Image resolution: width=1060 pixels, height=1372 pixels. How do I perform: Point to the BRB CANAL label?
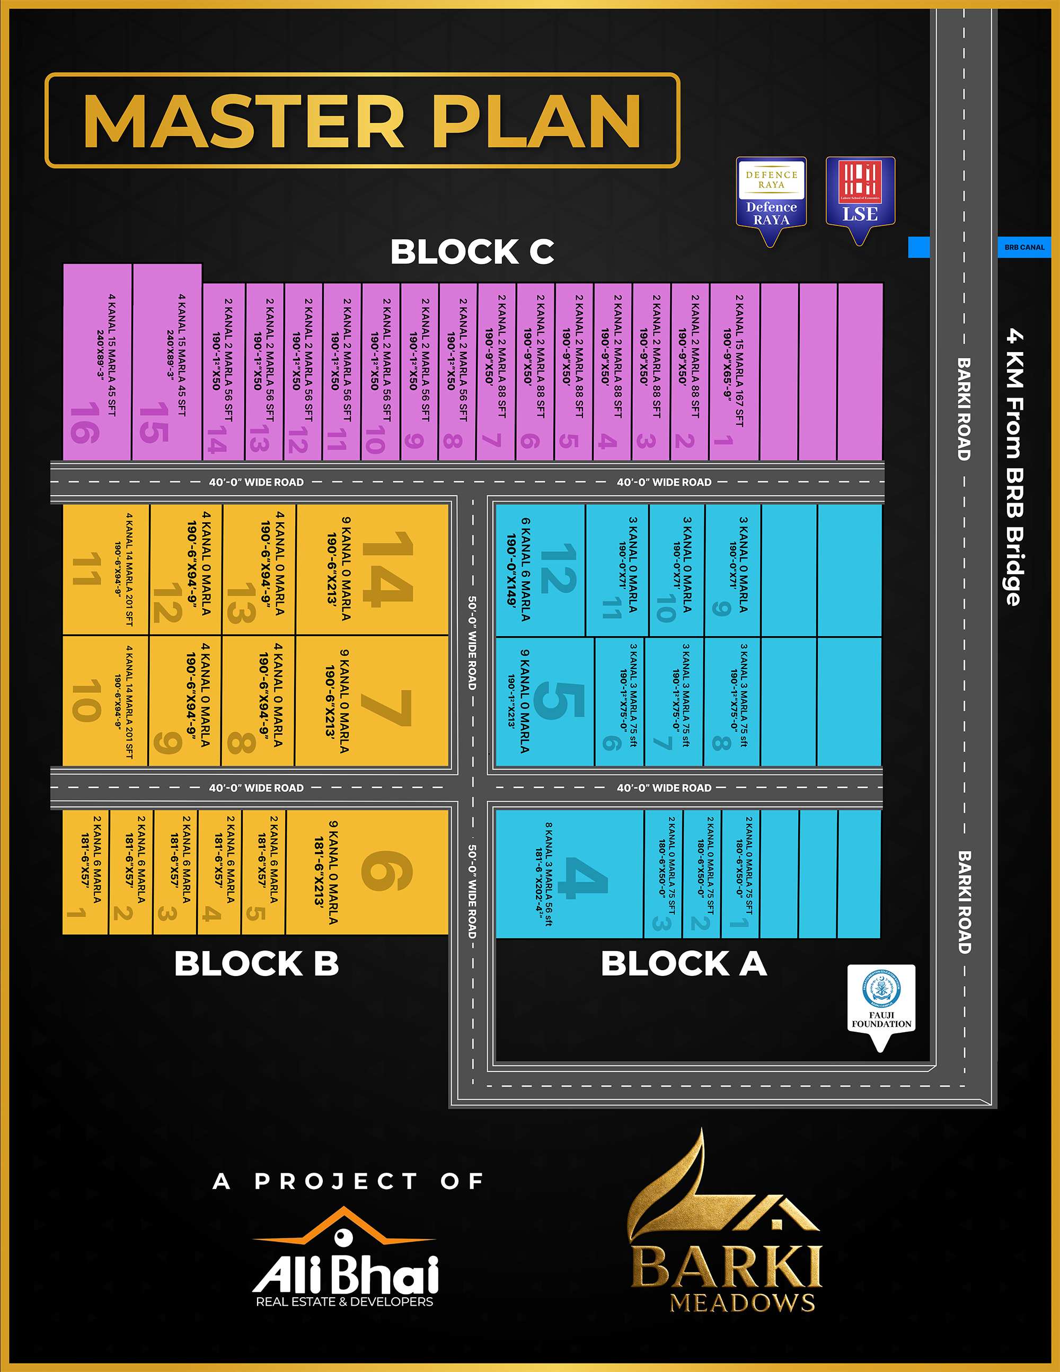(x=1024, y=248)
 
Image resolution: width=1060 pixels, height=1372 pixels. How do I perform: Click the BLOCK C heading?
(x=472, y=252)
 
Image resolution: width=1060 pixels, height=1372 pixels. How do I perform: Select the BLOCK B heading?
(x=256, y=964)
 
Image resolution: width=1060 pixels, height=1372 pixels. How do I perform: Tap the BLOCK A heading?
(x=684, y=964)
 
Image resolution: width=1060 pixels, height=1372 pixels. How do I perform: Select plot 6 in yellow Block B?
(x=367, y=872)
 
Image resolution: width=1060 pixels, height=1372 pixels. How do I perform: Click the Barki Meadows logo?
(x=727, y=1232)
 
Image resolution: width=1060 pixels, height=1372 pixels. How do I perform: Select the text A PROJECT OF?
(x=349, y=1181)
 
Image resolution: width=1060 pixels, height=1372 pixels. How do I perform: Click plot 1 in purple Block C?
(x=734, y=371)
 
